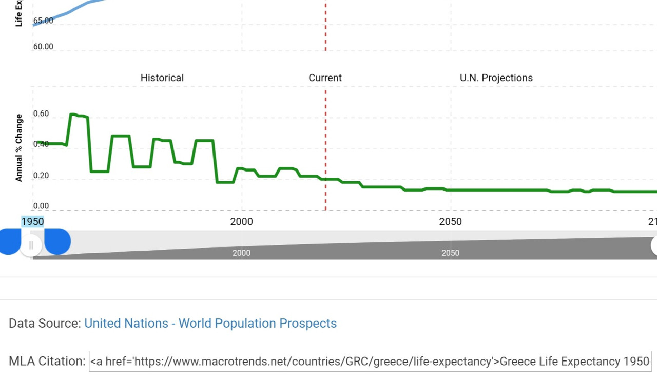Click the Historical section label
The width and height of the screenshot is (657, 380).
(x=162, y=78)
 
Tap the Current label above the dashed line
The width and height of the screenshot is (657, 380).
(x=325, y=78)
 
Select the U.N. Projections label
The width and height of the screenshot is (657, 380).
(x=496, y=78)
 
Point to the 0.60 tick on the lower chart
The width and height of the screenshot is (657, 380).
(x=41, y=113)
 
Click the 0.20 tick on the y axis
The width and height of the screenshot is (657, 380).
(x=41, y=176)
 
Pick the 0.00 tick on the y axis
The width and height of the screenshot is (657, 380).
(x=41, y=206)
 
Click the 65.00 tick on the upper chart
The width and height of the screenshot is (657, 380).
(x=43, y=21)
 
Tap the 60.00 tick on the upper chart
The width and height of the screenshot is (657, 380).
(x=43, y=47)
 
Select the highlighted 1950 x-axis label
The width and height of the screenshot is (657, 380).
(x=32, y=222)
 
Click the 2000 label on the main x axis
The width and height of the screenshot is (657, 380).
(x=241, y=222)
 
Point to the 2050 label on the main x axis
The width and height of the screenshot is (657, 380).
(x=450, y=222)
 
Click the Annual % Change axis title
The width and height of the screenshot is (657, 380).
(x=19, y=148)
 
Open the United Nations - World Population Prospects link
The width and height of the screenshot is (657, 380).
(x=210, y=324)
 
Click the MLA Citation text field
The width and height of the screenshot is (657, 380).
(x=370, y=362)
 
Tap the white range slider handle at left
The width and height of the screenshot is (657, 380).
(x=31, y=245)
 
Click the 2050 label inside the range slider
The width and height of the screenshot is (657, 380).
(x=450, y=253)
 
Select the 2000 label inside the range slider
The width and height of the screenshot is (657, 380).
(x=241, y=253)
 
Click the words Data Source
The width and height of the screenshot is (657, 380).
(x=45, y=324)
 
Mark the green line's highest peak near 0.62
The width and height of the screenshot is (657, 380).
(x=72, y=114)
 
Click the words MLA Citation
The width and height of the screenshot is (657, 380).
(x=47, y=362)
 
